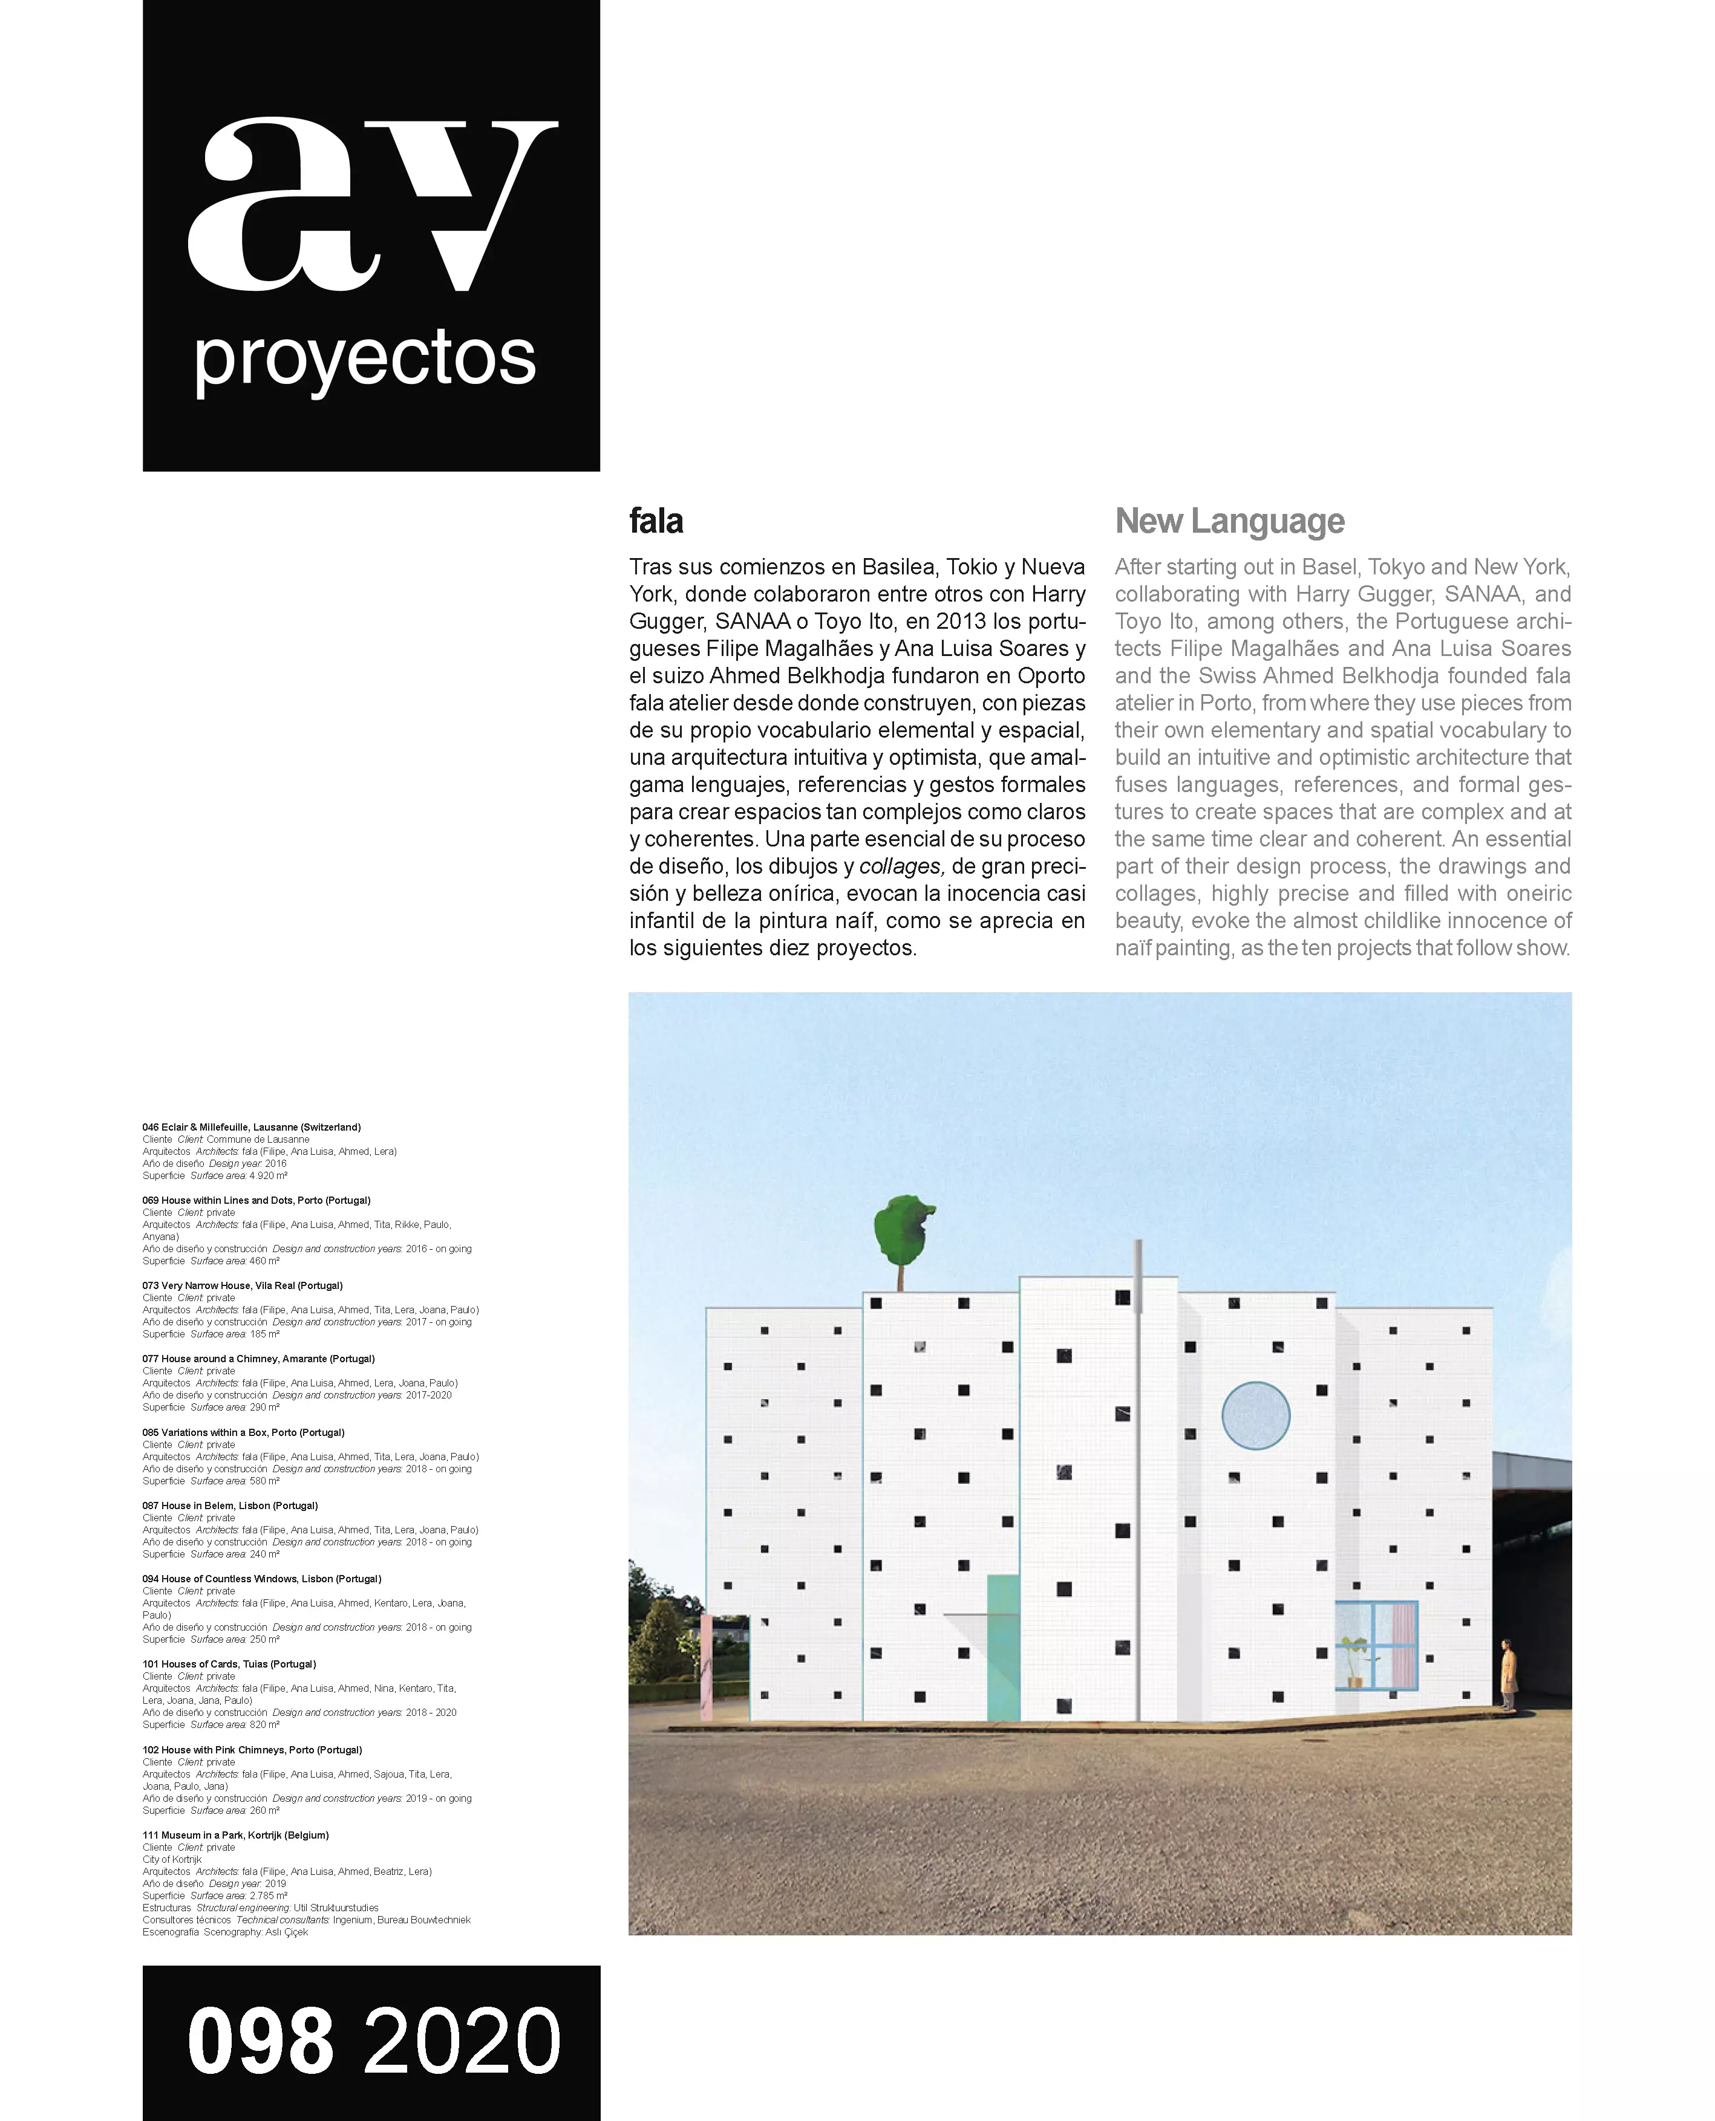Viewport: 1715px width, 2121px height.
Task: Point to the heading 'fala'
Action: [x=656, y=521]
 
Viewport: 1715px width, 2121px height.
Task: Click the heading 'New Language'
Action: [x=1229, y=521]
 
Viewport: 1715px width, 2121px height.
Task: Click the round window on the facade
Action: [x=1256, y=1415]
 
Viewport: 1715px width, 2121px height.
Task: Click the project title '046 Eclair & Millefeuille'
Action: [x=251, y=1126]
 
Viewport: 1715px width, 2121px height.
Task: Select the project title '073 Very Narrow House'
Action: [x=242, y=1285]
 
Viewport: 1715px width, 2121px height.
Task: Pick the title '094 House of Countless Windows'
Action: [x=261, y=1579]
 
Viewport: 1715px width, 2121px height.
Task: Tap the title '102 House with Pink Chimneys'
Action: [x=252, y=1750]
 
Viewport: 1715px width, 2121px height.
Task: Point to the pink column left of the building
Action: [x=707, y=1668]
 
